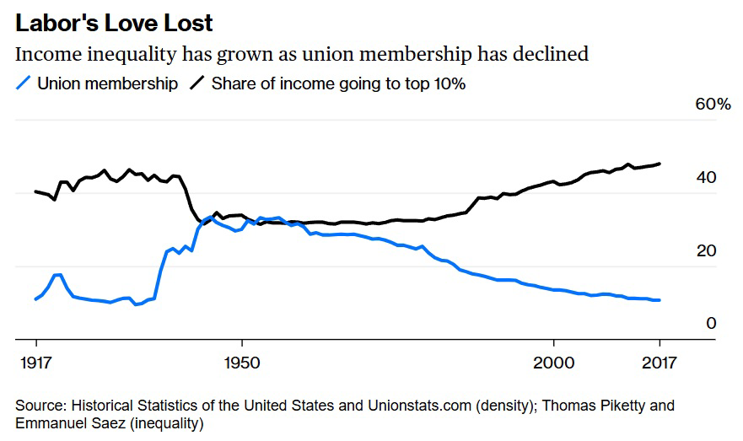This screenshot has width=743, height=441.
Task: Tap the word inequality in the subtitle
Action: coord(127,55)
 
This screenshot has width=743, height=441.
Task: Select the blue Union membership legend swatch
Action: coord(24,83)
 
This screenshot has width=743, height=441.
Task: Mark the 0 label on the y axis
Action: coord(711,324)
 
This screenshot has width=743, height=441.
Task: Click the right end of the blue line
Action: coord(660,300)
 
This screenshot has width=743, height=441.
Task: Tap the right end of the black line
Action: coord(660,164)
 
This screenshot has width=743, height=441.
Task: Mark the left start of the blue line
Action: coord(35,299)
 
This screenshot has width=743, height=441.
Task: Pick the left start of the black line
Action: coord(35,191)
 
